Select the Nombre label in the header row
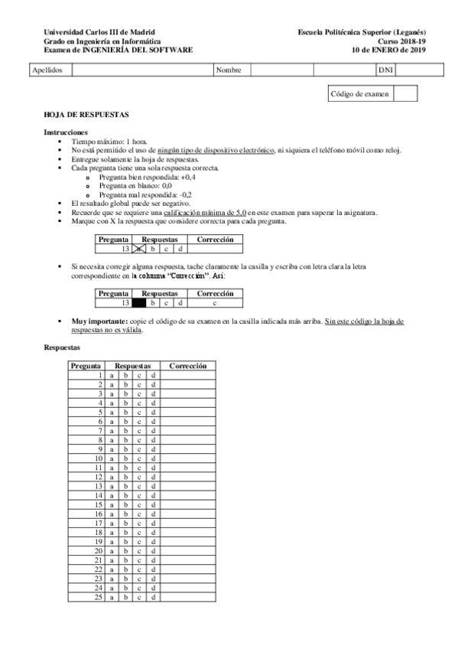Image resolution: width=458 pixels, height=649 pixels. click(229, 70)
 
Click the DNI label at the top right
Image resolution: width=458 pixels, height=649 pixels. click(386, 70)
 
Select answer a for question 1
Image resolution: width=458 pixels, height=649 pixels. click(112, 375)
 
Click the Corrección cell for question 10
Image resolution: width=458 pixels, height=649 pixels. click(188, 458)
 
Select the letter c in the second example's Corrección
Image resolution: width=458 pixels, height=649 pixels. click(216, 302)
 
